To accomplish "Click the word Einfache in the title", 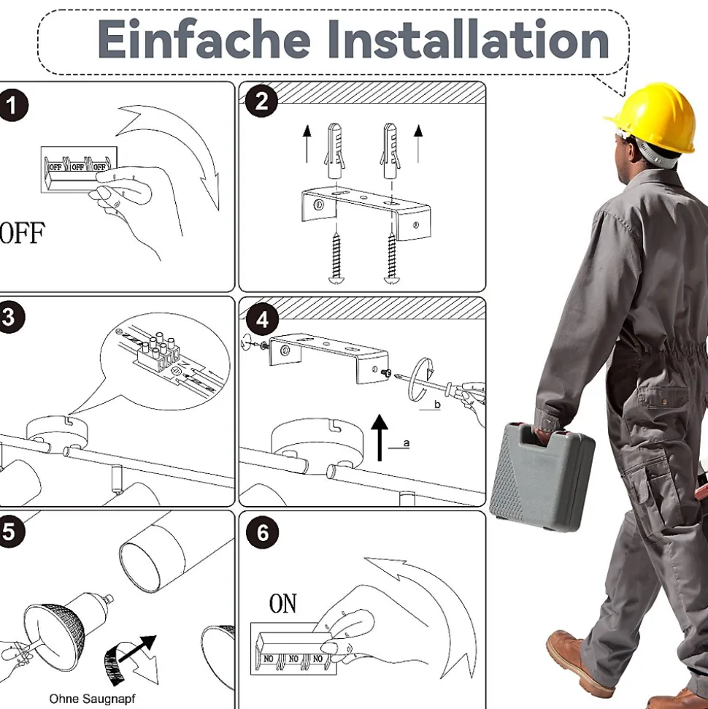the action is pos(204,39).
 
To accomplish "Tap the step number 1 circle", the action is pos(12,105).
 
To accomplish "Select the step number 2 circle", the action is pos(262,101).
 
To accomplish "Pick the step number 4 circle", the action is pos(262,320).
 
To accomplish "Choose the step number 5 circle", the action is pos(9,532).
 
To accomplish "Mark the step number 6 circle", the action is pos(262,532).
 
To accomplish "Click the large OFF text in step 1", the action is pos(22,232).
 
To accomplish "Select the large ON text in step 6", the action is pos(283,603).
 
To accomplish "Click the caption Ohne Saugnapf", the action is pos(92,699).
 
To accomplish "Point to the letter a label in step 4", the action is pos(407,443).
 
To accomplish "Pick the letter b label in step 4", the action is pos(437,405).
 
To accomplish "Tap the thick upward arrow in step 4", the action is pos(380,437).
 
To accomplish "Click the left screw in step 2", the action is pos(336,258).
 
